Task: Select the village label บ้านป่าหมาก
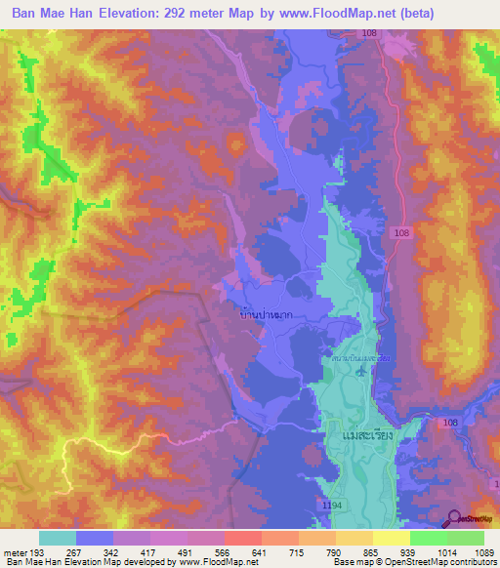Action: pyautogui.click(x=266, y=315)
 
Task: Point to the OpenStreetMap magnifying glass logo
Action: pyautogui.click(x=453, y=518)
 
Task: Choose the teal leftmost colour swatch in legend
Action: pyautogui.click(x=57, y=538)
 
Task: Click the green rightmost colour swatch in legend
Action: pyautogui.click(x=466, y=538)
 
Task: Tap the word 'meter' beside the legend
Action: pyautogui.click(x=16, y=551)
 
